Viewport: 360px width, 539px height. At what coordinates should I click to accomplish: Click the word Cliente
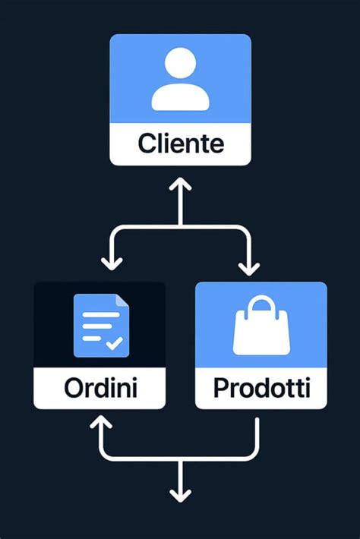click(180, 143)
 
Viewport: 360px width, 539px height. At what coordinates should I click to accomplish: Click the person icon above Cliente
click(180, 80)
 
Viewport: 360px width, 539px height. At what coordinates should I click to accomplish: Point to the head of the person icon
click(180, 63)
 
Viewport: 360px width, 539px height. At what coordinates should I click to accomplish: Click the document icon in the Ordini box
click(101, 326)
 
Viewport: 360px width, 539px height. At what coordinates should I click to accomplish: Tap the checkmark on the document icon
click(115, 343)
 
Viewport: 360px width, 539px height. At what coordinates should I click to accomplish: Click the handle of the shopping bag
click(261, 306)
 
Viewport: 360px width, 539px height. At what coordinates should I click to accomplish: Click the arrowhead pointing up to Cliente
click(180, 184)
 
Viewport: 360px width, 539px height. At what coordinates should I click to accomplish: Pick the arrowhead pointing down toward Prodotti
click(248, 268)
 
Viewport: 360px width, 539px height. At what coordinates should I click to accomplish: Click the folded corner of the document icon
click(123, 301)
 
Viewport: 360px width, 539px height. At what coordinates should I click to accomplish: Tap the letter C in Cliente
click(145, 143)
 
